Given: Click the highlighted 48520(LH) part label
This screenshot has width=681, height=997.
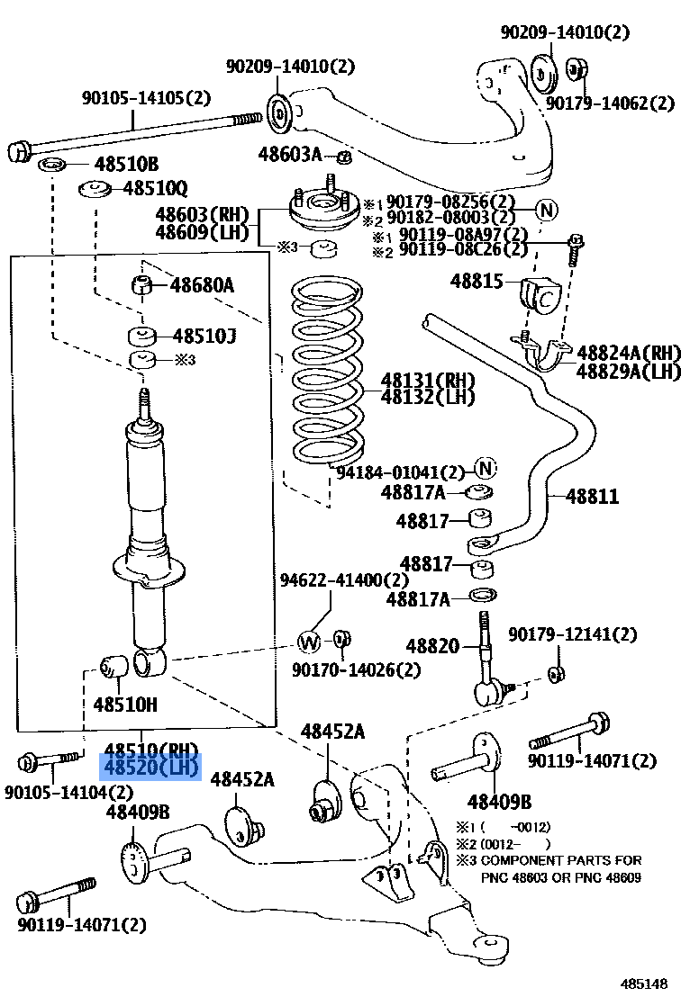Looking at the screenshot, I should pos(150,767).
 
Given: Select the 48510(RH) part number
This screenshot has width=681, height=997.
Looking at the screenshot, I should pos(150,750).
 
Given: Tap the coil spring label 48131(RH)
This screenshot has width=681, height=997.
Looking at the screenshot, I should pos(414,379).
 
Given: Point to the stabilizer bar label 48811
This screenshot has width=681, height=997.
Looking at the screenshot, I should pos(593,496).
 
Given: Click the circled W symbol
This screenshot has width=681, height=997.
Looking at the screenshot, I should pos(309,642).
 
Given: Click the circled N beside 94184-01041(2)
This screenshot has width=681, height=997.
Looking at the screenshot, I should pos(486,468).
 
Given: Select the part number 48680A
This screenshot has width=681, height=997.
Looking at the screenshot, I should pos(202,286).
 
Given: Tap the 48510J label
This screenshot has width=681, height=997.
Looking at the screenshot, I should pos(204,337).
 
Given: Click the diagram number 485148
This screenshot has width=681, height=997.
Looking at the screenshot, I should pos(647,984).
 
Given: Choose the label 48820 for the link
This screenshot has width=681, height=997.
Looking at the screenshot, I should pos(432,646).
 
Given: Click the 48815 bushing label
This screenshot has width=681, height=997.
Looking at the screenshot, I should pos(477,282).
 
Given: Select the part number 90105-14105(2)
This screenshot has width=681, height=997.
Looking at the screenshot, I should pos(145,98).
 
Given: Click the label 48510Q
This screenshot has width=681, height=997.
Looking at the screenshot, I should pos(155,188).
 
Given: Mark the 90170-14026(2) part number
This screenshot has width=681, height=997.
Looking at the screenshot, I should pos(356,669).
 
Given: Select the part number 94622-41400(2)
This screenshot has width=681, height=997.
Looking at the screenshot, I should pos(343,581).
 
